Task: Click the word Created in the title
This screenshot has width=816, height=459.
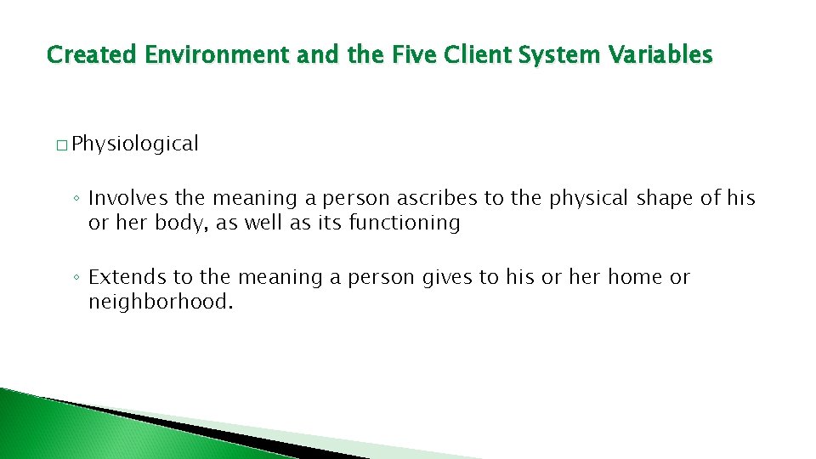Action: click(x=92, y=55)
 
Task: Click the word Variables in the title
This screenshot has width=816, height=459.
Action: click(x=660, y=55)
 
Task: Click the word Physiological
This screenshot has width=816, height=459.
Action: click(x=135, y=144)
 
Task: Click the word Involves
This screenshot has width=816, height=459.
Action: click(x=128, y=199)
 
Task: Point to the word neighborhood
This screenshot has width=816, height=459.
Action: click(x=160, y=302)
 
